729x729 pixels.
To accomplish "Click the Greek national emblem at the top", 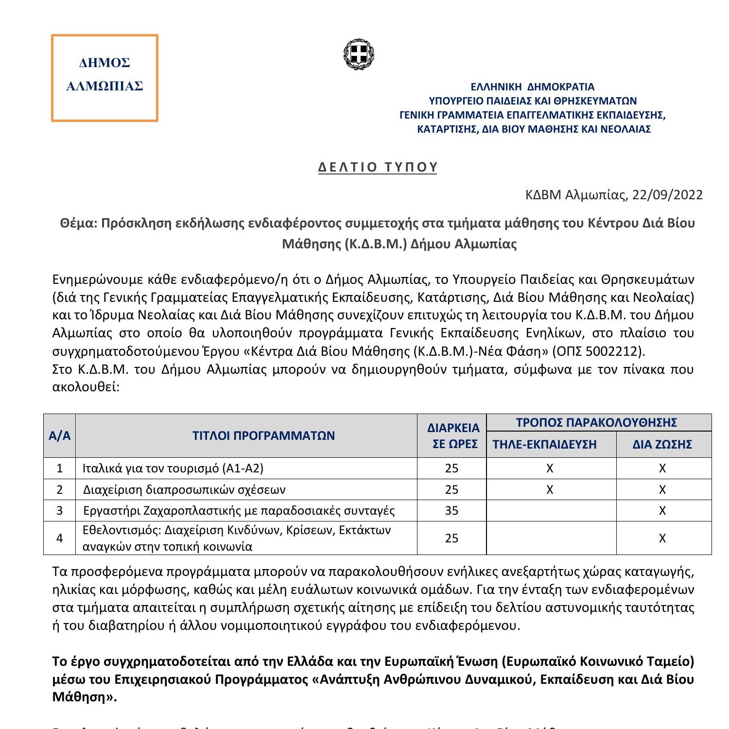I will pyautogui.click(x=360, y=54).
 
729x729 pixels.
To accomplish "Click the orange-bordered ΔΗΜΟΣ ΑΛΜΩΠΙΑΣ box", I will pyautogui.click(x=104, y=78).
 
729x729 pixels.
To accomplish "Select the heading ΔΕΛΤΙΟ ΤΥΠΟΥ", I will pyautogui.click(x=378, y=167).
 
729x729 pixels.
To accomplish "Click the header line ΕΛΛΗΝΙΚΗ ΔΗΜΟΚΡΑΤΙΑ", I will pyautogui.click(x=532, y=87).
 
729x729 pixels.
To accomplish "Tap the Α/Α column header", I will pyautogui.click(x=59, y=435).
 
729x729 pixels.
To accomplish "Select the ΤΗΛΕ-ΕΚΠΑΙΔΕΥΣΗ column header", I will pyautogui.click(x=551, y=444).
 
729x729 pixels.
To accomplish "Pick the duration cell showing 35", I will pyautogui.click(x=451, y=510).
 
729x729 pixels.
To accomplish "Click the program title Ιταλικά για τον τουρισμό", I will pyautogui.click(x=173, y=468).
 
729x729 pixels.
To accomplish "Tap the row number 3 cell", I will pyautogui.click(x=59, y=510).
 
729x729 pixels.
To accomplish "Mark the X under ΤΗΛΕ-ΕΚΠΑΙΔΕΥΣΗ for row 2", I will pyautogui.click(x=550, y=489).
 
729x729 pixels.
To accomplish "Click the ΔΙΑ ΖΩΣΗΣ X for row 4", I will pyautogui.click(x=662, y=538).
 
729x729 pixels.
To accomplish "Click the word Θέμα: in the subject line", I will pyautogui.click(x=79, y=223).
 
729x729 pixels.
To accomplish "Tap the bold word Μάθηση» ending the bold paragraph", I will pyautogui.click(x=84, y=697).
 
